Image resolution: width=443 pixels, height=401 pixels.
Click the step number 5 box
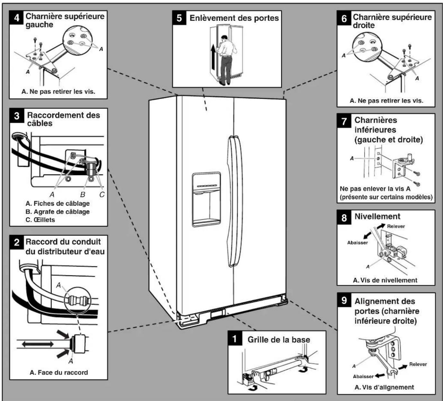[179, 18]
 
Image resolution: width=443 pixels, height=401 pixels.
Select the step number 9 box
[344, 300]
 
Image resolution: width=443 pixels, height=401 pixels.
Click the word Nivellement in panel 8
[377, 216]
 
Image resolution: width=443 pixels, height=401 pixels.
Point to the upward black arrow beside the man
[213, 57]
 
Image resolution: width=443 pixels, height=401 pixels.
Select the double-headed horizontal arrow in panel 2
[38, 344]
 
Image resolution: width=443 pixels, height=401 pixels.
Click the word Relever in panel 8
[396, 226]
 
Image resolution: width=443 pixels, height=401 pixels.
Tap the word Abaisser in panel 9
[363, 377]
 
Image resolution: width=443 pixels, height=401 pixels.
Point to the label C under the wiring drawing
[102, 194]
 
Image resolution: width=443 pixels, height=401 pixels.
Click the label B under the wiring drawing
[83, 194]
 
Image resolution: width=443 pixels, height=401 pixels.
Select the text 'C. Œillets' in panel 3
[40, 220]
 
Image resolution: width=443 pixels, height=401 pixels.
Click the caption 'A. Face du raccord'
[59, 372]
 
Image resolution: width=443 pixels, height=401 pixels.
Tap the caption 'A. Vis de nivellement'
[385, 280]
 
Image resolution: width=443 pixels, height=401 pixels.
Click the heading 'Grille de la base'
[279, 340]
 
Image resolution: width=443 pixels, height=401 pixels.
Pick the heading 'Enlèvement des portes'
[234, 18]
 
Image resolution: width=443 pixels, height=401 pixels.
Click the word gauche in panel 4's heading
[39, 25]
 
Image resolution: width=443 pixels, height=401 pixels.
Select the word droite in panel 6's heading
[364, 25]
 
